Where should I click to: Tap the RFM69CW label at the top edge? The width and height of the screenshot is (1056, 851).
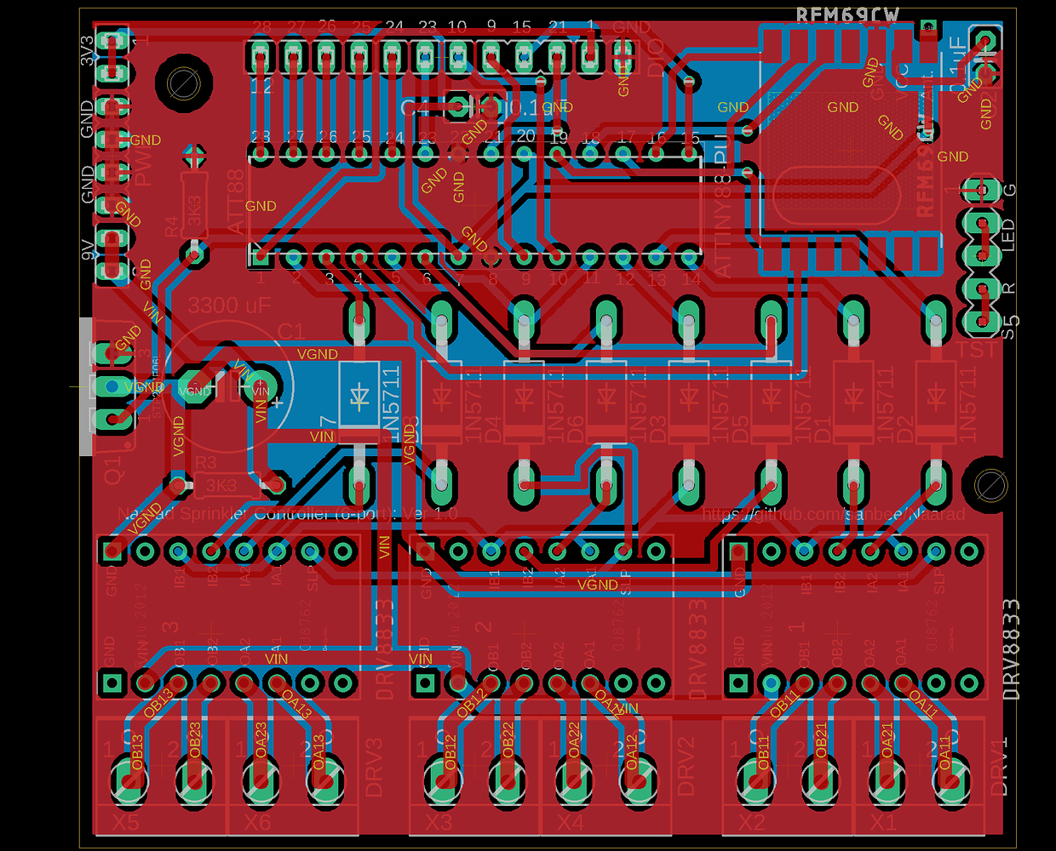(x=847, y=15)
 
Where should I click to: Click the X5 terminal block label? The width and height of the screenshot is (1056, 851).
(x=125, y=823)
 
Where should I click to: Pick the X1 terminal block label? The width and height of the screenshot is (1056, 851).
(x=883, y=823)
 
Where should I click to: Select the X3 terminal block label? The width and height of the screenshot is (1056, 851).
(x=439, y=823)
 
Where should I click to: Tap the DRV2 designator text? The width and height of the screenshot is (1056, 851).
(x=686, y=766)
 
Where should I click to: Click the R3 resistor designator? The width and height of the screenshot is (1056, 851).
(x=205, y=464)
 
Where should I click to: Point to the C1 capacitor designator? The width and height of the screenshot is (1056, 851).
(x=290, y=331)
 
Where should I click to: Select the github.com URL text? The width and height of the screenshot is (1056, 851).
(x=834, y=514)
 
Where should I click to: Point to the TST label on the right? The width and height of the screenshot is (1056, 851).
(x=976, y=350)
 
